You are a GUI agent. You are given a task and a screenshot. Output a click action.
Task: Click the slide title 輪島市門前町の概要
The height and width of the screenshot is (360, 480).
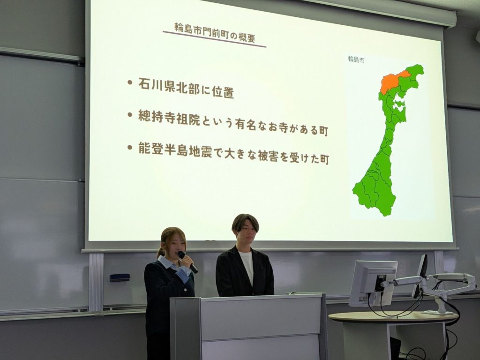click(x=215, y=32)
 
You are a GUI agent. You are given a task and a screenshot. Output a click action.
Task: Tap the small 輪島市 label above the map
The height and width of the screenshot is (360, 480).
click(x=356, y=60)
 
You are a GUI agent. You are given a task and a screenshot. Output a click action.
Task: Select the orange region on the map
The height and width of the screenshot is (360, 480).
click(x=394, y=82)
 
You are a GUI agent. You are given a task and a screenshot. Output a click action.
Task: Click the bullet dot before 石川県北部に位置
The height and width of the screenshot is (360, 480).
click(x=130, y=82)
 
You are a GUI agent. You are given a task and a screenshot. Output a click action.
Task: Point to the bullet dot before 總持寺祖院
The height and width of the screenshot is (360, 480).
click(x=130, y=115)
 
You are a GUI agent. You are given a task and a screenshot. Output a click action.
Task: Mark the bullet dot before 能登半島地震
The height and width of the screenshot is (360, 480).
click(x=130, y=147)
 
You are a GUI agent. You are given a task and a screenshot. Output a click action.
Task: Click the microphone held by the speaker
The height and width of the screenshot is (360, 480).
click(x=187, y=262)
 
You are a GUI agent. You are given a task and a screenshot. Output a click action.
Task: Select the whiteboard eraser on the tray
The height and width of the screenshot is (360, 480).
click(x=120, y=277)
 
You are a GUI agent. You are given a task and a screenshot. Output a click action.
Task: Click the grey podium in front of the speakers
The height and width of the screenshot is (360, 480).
click(x=248, y=327)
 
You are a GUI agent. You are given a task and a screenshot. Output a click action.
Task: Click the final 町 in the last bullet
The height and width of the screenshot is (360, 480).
click(x=324, y=160)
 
